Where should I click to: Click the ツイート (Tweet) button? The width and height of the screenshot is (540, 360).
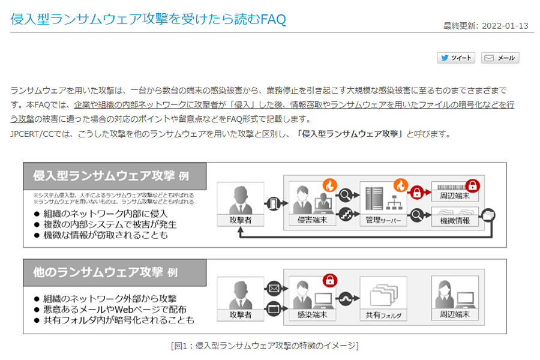[x=456, y=58]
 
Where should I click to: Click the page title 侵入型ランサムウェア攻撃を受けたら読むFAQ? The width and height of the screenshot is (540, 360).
[x=148, y=19]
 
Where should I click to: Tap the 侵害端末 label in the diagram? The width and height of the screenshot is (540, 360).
[x=312, y=220]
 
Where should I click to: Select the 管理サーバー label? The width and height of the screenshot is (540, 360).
[x=383, y=220]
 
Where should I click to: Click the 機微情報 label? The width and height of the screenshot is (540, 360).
[x=454, y=220]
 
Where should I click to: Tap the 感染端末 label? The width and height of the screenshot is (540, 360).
[x=312, y=314]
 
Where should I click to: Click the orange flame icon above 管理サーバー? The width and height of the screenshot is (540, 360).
[x=400, y=185]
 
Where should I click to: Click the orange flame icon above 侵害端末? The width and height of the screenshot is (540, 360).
[x=329, y=185]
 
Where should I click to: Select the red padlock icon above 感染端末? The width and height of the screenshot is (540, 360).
[x=329, y=280]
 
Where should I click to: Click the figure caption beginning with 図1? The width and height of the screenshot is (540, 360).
[x=265, y=346]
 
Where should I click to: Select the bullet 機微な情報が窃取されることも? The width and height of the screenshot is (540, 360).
[x=106, y=235]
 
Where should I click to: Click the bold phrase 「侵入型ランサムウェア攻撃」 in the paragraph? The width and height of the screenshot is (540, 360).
[x=350, y=133]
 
